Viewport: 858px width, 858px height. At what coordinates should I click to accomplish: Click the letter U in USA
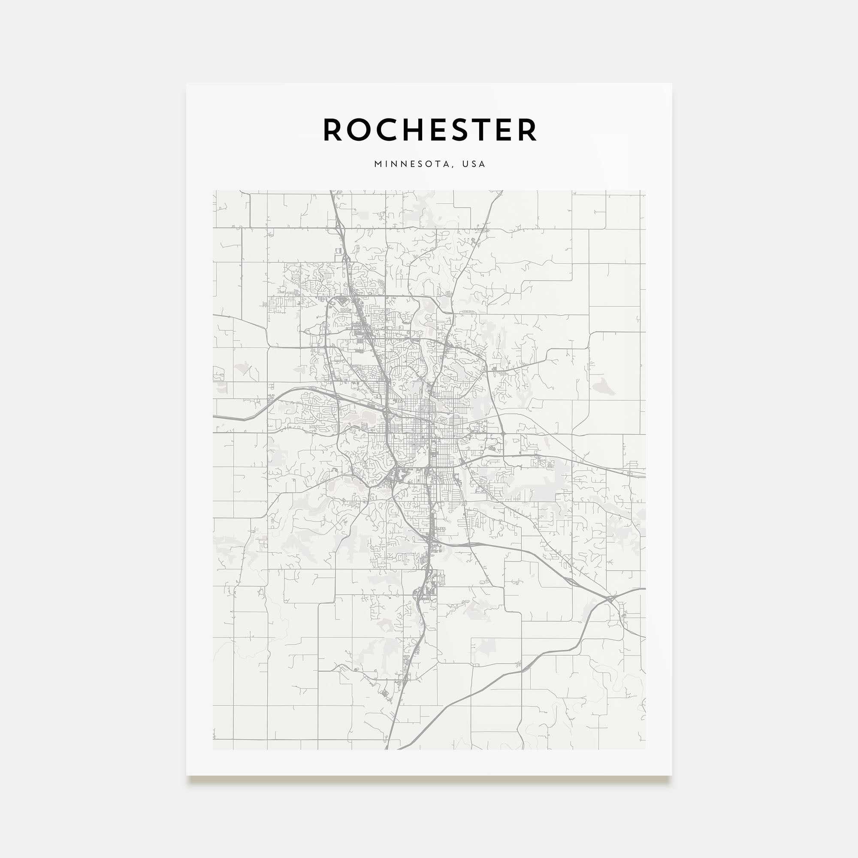click(x=465, y=164)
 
